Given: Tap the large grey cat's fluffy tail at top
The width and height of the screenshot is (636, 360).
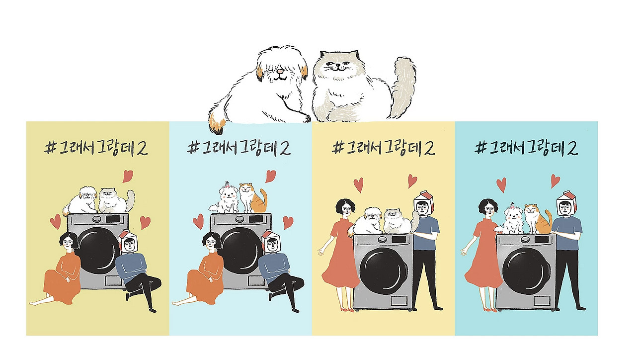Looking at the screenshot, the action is click(403, 85).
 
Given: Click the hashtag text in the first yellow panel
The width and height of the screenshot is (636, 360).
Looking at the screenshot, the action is click(96, 149).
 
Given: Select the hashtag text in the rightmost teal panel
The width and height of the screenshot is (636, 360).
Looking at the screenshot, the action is click(526, 149).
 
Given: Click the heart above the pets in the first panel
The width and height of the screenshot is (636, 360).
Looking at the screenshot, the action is click(128, 176).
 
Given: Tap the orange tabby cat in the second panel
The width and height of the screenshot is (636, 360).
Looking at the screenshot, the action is click(253, 198).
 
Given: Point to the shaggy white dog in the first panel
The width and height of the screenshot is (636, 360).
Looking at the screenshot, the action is click(81, 200).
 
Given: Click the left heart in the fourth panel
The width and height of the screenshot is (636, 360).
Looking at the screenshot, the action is click(501, 184).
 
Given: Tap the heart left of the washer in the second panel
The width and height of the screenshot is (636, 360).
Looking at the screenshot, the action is click(198, 221).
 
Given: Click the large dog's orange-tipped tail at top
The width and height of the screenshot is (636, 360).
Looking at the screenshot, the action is click(217, 123).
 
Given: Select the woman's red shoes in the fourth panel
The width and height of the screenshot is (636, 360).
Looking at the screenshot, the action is click(489, 310).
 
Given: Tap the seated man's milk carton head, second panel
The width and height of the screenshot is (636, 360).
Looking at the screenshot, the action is click(271, 242).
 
